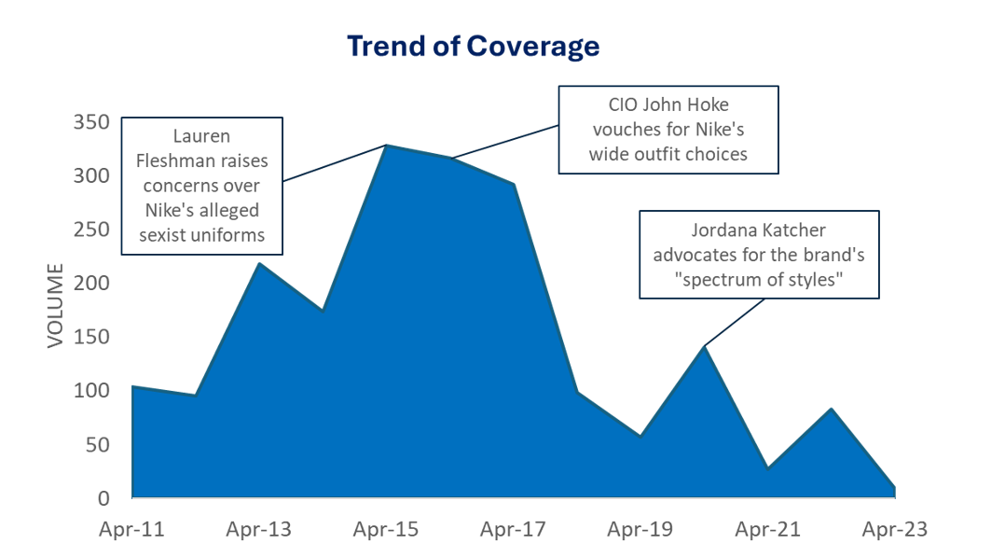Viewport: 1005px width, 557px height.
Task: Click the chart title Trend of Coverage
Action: point(473,46)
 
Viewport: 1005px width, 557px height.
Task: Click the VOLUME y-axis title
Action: point(56,306)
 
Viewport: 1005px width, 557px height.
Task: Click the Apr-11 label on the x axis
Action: point(131,530)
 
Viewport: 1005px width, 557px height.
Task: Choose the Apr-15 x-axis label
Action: point(386,530)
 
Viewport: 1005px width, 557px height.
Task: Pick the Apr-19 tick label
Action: point(640,530)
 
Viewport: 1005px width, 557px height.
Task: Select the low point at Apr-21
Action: point(767,467)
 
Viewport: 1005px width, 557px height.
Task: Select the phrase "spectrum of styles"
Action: point(759,279)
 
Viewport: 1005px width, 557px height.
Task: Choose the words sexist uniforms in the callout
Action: point(201,235)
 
